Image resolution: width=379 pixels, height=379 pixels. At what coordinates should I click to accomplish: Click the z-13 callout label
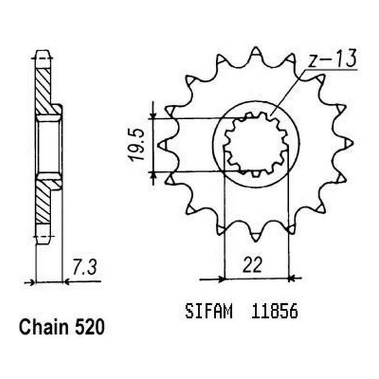coord(331,60)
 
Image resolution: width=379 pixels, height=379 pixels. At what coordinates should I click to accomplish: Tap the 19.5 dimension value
coord(138,145)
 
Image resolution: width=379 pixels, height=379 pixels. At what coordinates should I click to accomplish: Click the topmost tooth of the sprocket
coord(256,54)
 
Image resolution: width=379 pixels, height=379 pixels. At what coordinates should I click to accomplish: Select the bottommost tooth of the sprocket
coord(256,236)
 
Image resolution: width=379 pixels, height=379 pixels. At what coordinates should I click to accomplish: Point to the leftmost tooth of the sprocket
coord(163,145)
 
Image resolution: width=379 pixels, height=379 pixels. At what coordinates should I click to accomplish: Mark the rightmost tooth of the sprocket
coord(348,145)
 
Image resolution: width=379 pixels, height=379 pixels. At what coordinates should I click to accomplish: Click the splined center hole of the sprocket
coord(256,145)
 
